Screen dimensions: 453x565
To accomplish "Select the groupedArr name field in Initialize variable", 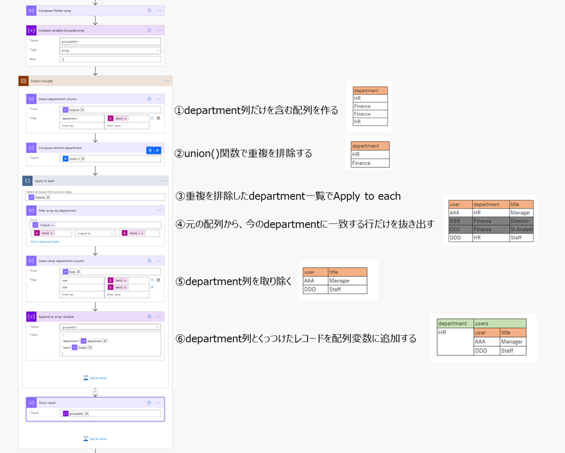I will (110, 41).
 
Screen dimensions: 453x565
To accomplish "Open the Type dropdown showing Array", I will (110, 50).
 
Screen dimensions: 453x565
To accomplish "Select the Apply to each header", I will (45, 181).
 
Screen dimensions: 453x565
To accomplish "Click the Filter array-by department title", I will (58, 210).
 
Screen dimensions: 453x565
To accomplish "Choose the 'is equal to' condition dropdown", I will (95, 233).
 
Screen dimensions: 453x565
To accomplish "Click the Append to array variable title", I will (62, 316).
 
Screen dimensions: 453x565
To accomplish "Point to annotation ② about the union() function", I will (243, 153).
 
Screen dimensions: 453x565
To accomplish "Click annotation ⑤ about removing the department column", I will (233, 281).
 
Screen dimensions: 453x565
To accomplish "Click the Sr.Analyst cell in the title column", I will (521, 229).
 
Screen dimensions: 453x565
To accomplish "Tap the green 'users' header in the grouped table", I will (499, 323).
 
